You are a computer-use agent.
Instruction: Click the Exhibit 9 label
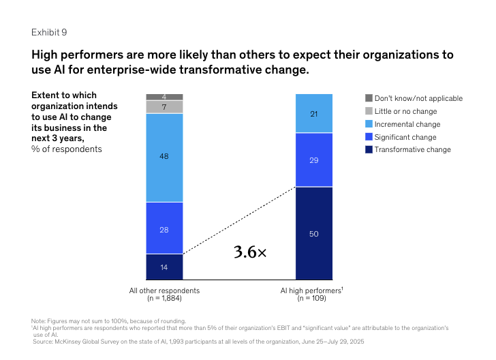tap(49, 32)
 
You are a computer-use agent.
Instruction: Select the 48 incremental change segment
tap(164, 157)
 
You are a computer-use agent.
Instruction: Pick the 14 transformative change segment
tap(164, 267)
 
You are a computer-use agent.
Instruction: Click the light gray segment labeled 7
tap(164, 107)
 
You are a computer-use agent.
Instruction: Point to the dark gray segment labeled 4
tap(164, 97)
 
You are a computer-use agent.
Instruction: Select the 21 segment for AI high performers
tap(314, 113)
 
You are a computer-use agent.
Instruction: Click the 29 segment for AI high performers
tap(314, 160)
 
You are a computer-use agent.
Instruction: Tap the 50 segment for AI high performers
tap(314, 233)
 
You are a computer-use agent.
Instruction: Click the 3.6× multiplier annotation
tap(250, 252)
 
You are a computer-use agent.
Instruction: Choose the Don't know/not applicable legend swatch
tap(369, 98)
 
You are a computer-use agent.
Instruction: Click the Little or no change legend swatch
tap(369, 111)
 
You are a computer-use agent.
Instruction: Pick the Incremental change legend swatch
tap(369, 124)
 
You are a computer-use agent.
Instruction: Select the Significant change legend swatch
tap(369, 137)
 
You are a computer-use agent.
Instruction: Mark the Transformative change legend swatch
tap(369, 149)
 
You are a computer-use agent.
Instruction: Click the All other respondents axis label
tap(164, 291)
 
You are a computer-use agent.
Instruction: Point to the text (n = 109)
tap(313, 299)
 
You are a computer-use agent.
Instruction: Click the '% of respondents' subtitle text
tap(67, 149)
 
